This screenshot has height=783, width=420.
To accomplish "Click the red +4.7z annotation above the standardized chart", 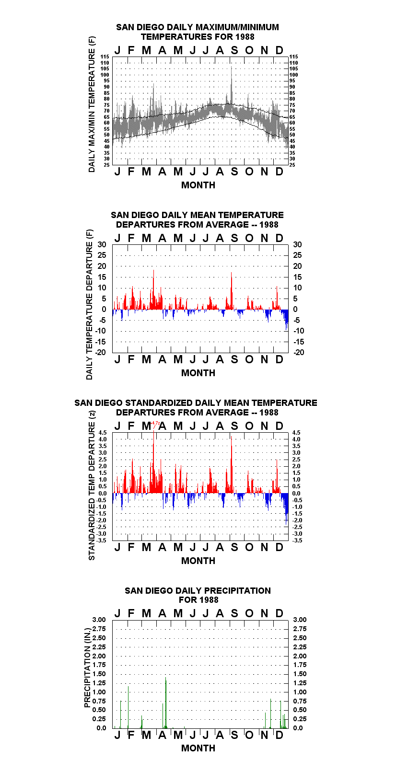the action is [x=155, y=423].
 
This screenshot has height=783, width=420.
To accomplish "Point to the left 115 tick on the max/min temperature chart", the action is [x=105, y=57].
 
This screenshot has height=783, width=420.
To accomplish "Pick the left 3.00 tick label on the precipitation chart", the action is [x=99, y=620].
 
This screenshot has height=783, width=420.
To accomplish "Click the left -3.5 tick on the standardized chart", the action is [x=102, y=541].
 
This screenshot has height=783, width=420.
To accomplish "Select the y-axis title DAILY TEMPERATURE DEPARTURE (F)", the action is [x=90, y=304].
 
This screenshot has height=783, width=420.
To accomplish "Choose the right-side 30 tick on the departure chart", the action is [x=297, y=245].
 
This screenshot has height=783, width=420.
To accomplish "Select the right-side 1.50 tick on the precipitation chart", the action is [x=300, y=674].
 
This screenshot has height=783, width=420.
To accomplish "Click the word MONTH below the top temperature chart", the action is [x=198, y=185].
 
